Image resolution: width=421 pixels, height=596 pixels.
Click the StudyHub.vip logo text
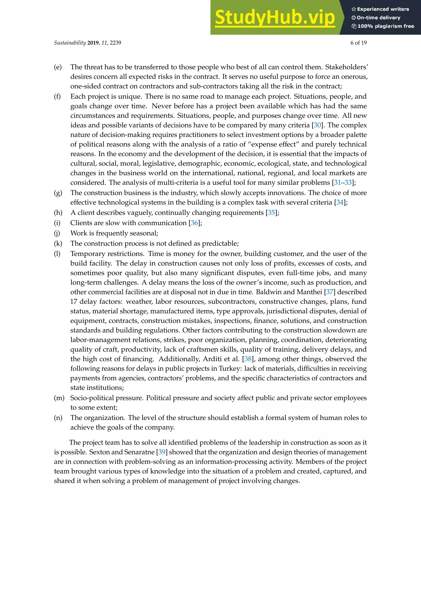tap(275, 18)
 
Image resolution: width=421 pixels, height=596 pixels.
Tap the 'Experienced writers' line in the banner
tap(380, 9)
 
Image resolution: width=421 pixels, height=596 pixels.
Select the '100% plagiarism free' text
tap(383, 26)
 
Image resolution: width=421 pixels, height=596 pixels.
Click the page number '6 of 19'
tap(358, 43)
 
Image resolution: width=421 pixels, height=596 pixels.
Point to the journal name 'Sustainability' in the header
tap(70, 43)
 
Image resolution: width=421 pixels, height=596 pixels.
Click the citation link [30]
tap(317, 125)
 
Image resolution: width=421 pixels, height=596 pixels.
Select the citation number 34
tap(340, 202)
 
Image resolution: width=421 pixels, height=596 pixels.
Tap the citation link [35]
tap(271, 213)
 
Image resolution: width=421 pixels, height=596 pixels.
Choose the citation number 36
tap(194, 223)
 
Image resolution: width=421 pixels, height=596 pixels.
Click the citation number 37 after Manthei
tap(330, 292)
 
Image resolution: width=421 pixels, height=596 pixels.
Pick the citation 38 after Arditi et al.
tap(248, 359)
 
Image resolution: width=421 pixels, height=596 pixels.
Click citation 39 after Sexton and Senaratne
tap(162, 452)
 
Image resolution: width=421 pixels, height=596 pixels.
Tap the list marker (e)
tap(58, 67)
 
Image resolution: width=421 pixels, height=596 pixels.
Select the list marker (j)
tap(57, 233)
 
